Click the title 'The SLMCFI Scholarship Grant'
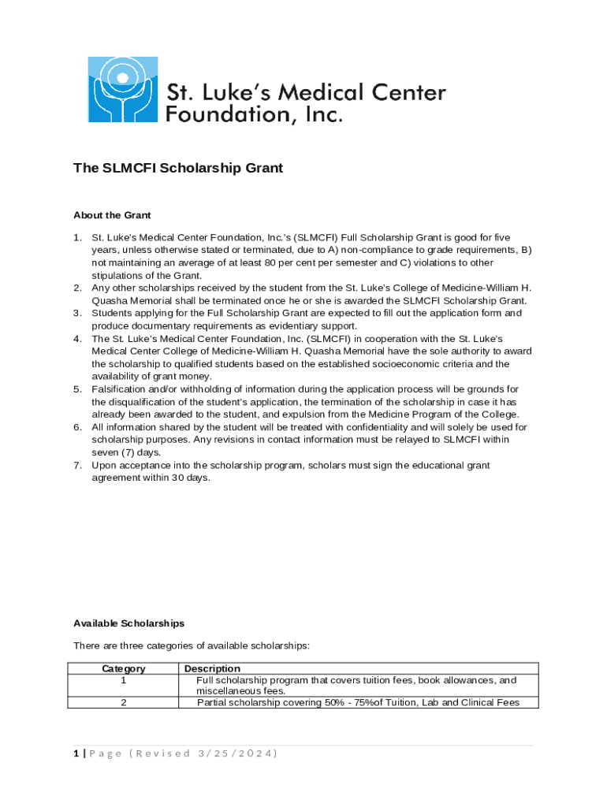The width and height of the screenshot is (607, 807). [x=177, y=168]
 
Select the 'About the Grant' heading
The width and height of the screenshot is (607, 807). [x=112, y=214]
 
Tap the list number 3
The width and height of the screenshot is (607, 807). [x=77, y=313]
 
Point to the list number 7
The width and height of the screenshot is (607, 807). [x=77, y=465]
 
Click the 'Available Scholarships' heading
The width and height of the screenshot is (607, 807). [x=128, y=623]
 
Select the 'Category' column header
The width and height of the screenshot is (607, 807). [x=124, y=668]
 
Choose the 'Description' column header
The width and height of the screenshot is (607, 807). [x=212, y=668]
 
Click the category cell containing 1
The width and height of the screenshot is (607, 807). [x=124, y=680]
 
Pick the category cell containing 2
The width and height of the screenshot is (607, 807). [x=124, y=702]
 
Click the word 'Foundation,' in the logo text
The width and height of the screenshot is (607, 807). [x=212, y=115]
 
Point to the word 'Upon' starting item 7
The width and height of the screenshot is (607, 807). [x=104, y=465]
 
